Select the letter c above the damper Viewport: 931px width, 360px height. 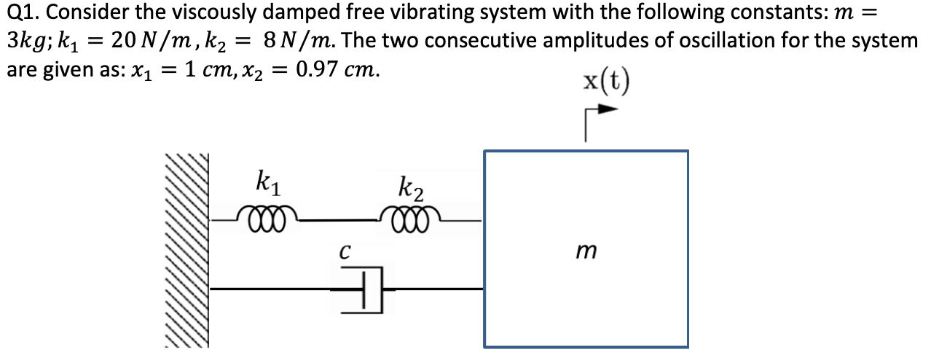click(x=345, y=252)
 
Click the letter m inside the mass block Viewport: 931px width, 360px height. click(x=585, y=251)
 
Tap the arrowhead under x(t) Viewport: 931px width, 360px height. click(x=608, y=111)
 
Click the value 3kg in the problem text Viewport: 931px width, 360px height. click(x=25, y=41)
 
